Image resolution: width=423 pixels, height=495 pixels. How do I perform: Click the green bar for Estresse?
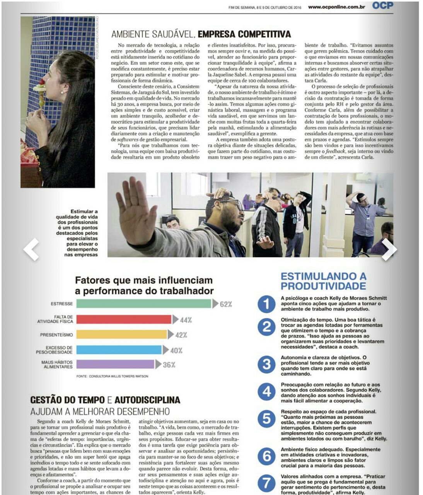(144, 304)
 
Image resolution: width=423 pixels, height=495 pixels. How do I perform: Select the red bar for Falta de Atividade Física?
(124, 319)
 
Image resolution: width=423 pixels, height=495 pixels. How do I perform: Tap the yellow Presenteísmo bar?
(122, 335)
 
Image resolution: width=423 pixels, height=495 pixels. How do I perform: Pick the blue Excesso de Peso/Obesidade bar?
(119, 350)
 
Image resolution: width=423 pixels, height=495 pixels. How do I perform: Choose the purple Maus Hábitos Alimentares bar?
(115, 364)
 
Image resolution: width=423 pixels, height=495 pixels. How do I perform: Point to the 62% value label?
(226, 304)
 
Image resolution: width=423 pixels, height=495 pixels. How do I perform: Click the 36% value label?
(169, 365)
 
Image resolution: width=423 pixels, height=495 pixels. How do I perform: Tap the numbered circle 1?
(266, 304)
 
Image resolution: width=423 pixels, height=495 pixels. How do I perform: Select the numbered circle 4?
(266, 392)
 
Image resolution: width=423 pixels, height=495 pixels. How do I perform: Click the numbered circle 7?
(266, 484)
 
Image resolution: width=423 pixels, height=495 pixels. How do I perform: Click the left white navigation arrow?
(31, 249)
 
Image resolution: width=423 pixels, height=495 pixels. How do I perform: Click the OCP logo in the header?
(383, 5)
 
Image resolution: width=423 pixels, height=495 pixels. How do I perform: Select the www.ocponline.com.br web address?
(336, 7)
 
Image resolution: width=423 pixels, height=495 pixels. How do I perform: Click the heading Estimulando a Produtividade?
(323, 281)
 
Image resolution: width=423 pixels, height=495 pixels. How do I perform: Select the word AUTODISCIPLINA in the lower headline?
(147, 400)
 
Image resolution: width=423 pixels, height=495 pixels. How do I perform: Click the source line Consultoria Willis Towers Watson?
(112, 376)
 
